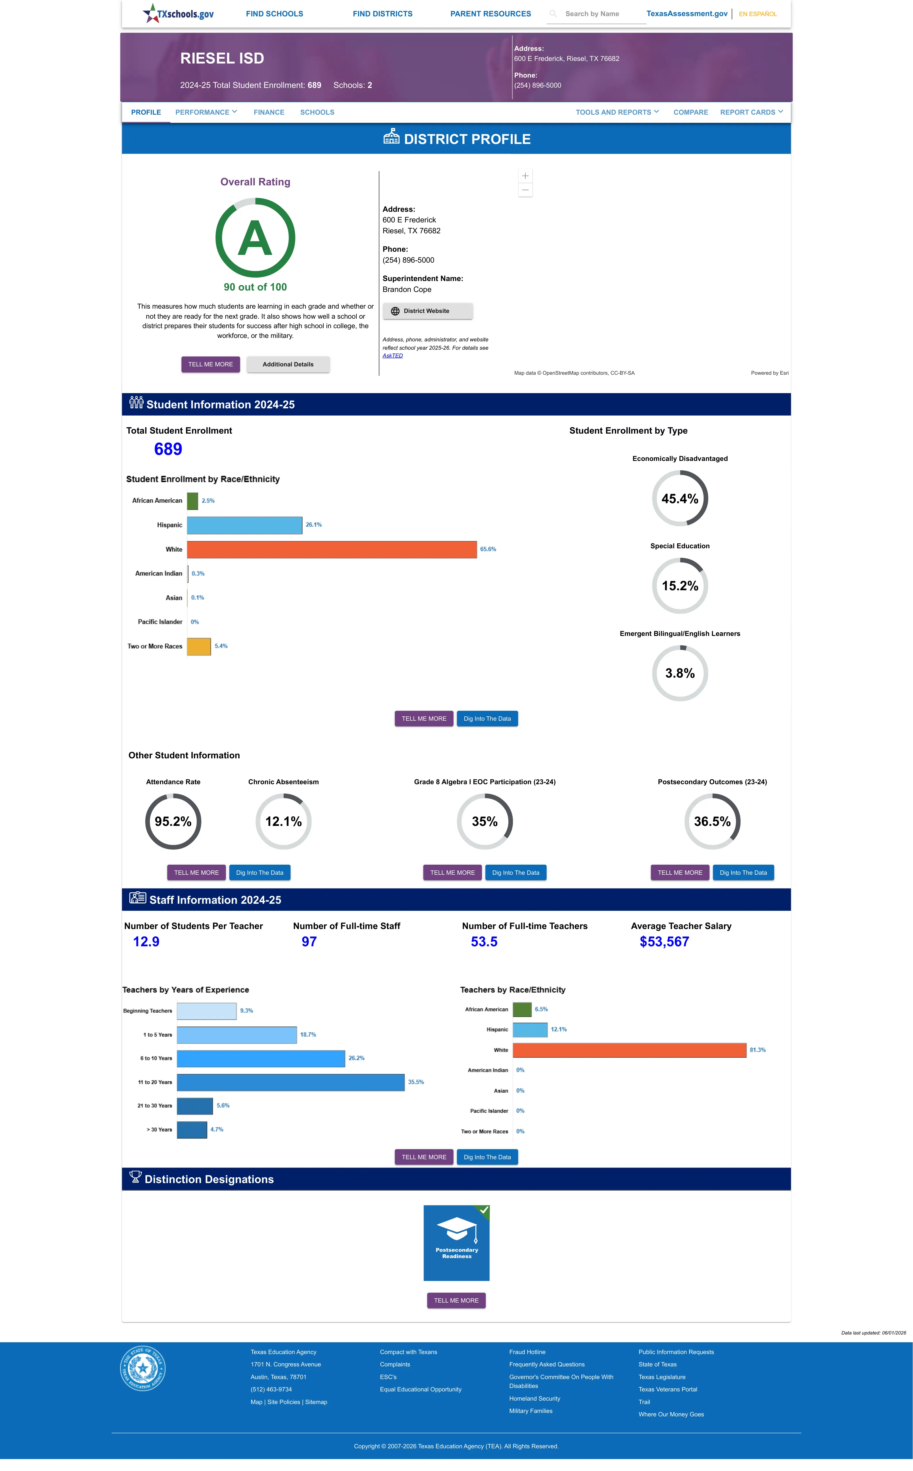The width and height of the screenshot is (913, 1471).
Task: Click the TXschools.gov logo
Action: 178,13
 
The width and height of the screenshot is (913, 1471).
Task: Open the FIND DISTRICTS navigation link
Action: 383,14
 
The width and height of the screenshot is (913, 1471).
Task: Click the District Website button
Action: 428,311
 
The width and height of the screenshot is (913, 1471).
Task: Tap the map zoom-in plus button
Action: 525,176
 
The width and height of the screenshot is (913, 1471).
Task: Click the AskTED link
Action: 393,355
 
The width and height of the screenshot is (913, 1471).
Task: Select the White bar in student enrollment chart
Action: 332,549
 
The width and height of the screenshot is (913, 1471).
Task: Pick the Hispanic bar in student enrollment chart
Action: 245,525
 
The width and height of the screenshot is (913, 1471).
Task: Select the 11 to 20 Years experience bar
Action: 291,1082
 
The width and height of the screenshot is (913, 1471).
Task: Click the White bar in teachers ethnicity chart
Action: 630,1050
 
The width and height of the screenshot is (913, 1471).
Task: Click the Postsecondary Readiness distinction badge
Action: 456,1243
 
